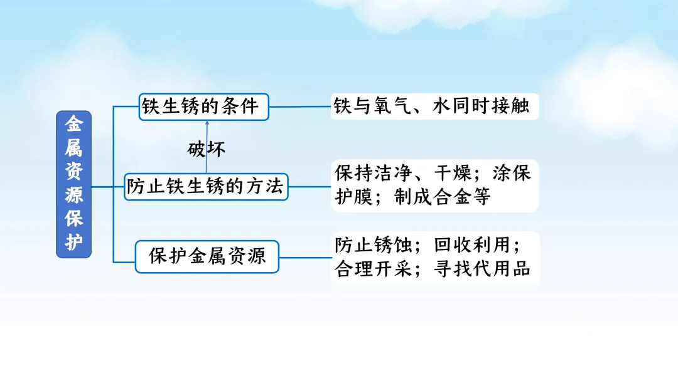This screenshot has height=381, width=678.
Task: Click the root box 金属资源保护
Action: click(74, 184)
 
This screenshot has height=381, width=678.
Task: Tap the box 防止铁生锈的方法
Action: click(206, 186)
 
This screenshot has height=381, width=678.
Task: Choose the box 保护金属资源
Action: click(207, 256)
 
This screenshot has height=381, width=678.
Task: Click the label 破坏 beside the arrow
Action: click(207, 149)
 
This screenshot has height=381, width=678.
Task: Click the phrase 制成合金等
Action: click(442, 197)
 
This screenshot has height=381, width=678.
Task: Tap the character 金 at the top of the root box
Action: click(74, 124)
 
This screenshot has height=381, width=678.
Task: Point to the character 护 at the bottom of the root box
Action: click(74, 243)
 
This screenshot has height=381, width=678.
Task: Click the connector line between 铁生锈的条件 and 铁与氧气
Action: click(299, 107)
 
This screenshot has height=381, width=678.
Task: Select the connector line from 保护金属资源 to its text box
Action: click(305, 256)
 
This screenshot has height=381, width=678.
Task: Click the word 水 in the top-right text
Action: click(441, 106)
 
